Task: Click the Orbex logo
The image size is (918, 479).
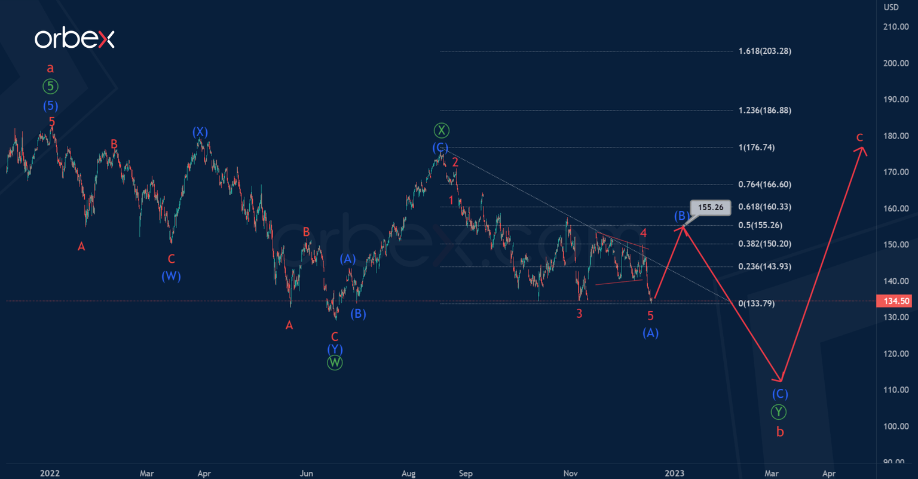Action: tap(74, 39)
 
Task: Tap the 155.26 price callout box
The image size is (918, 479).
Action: tap(711, 207)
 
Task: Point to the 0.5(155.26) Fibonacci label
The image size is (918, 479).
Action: tap(760, 225)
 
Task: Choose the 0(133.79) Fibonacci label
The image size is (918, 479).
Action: tap(756, 303)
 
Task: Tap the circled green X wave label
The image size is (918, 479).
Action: tap(441, 130)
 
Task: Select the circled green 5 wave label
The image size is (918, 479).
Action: tap(50, 87)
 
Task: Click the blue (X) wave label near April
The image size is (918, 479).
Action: tap(200, 131)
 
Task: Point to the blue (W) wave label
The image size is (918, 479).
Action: tap(171, 276)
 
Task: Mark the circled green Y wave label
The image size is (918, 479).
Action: tap(778, 412)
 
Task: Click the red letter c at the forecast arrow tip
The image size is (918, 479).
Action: tap(859, 137)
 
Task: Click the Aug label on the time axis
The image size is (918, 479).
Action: tap(408, 473)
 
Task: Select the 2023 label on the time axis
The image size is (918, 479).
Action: tap(675, 473)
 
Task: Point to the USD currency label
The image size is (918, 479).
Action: tap(891, 7)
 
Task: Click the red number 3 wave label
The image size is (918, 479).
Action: tap(579, 313)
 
